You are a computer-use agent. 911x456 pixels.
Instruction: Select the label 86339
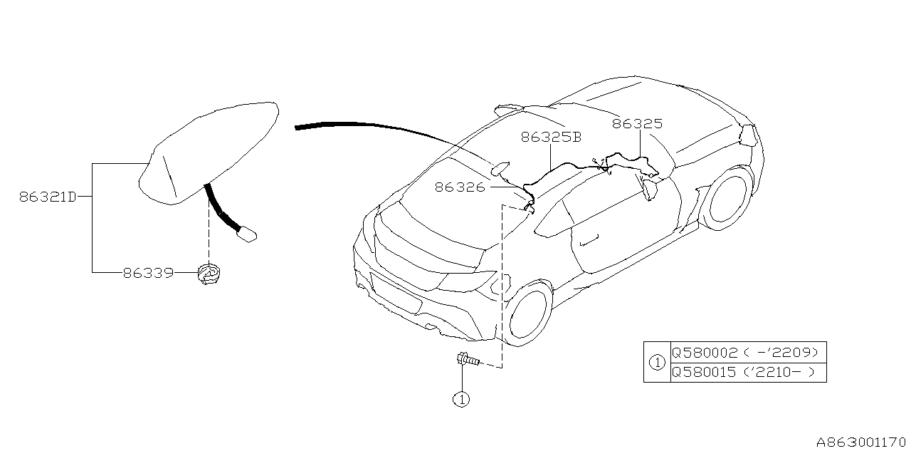(x=148, y=272)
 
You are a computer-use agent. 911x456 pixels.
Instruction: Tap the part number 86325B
(x=551, y=138)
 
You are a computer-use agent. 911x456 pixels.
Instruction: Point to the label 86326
(x=460, y=187)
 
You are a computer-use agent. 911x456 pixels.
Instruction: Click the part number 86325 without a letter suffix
(x=637, y=124)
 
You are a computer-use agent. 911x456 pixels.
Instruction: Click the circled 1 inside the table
(x=657, y=362)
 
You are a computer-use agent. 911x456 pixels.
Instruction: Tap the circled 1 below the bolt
(x=461, y=400)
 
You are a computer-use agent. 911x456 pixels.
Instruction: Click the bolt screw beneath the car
(x=467, y=360)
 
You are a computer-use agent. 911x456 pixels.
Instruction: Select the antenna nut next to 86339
(x=209, y=274)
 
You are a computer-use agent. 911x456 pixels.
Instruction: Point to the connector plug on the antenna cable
(x=246, y=234)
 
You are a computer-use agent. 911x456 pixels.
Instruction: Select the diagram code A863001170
(x=861, y=443)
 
